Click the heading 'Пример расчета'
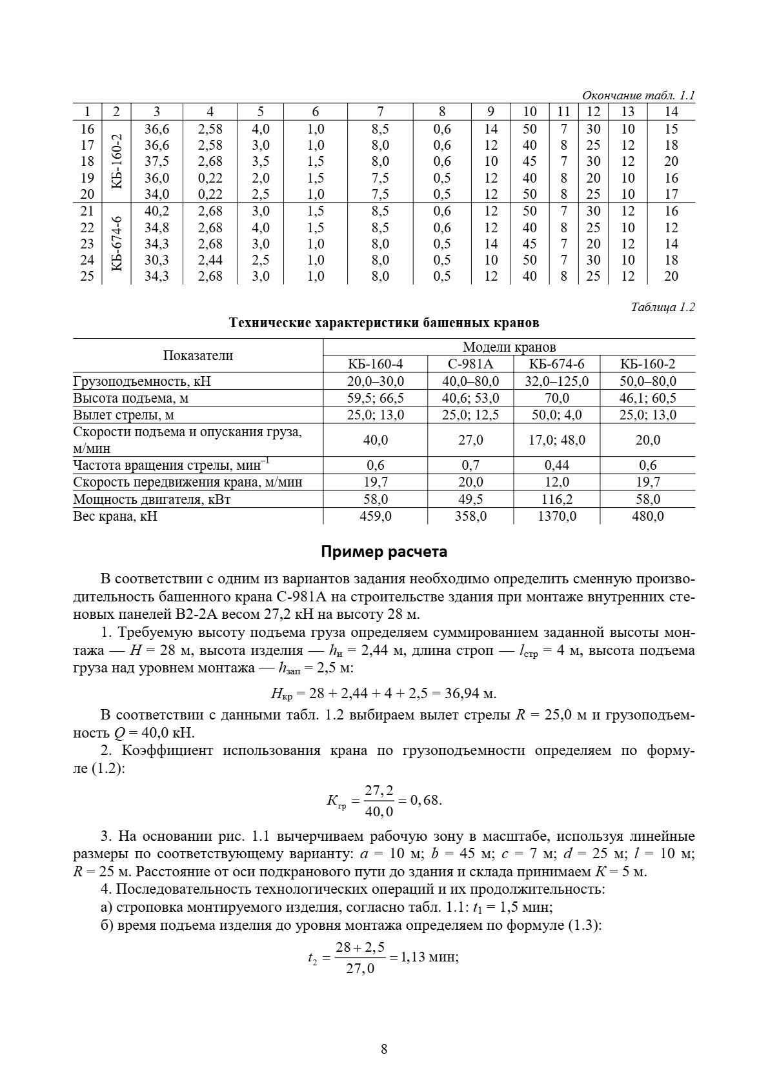click(384, 552)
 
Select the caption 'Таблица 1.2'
click(663, 307)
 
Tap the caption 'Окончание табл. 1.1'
click(638, 96)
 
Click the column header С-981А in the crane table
click(470, 364)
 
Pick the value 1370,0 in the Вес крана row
click(557, 516)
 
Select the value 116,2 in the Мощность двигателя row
click(557, 499)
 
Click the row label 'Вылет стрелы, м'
click(124, 415)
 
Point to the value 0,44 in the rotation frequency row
click(557, 465)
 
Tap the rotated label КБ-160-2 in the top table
click(116, 161)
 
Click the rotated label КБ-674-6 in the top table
click(116, 244)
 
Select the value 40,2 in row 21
click(157, 211)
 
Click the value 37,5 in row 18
click(157, 161)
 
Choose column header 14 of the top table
click(671, 112)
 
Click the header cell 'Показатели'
click(197, 356)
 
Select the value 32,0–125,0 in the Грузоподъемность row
click(557, 381)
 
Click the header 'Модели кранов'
click(509, 347)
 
